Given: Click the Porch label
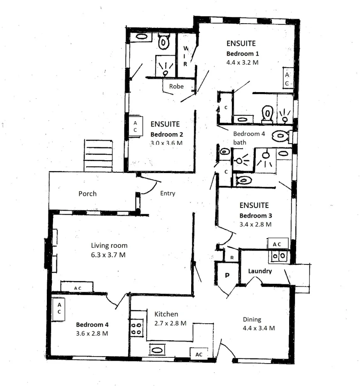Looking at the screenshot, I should click(88, 193).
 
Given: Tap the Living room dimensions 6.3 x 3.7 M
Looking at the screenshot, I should click(108, 255).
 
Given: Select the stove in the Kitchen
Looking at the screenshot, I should click(136, 327).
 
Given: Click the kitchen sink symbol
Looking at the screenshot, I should click(157, 350).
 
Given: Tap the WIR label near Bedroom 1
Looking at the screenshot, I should click(185, 56).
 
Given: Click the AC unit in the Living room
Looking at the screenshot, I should click(77, 287).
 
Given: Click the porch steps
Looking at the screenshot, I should click(98, 155).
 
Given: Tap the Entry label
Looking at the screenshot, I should click(168, 193).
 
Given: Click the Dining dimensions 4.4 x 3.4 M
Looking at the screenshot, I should click(259, 328).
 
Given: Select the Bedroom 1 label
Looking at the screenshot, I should click(243, 54).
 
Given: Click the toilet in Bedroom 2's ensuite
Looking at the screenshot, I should click(164, 42).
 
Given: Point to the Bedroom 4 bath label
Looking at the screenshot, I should click(248, 138).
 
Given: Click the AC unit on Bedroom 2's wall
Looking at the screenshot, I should click(135, 126).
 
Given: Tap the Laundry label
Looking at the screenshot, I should click(260, 271).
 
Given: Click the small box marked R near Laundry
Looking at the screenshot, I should click(231, 257).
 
